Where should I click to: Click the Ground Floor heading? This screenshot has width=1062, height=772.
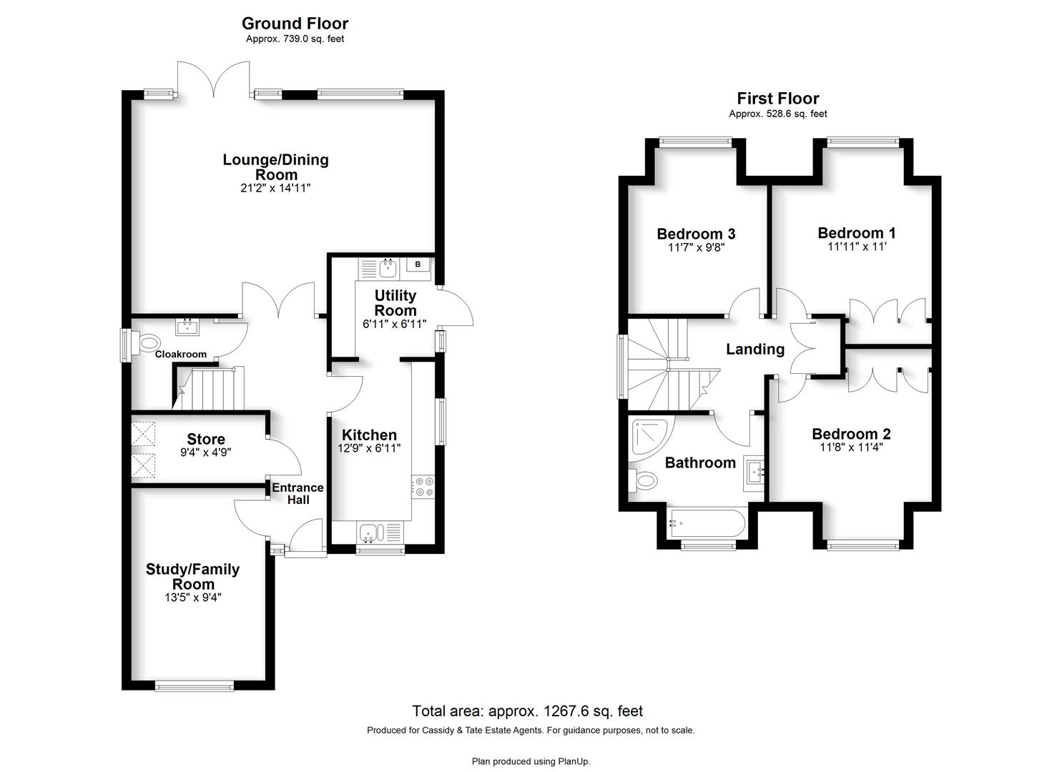(x=295, y=23)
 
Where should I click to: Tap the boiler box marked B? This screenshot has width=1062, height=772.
(x=418, y=264)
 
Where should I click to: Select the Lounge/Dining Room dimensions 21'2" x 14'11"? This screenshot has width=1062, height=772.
(x=275, y=188)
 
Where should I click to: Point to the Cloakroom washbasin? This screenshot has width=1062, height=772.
(x=188, y=327)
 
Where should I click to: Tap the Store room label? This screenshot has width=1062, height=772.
(x=206, y=439)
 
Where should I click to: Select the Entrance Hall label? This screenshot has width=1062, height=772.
(x=298, y=494)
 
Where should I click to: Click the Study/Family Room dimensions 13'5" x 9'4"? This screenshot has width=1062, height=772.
(x=193, y=598)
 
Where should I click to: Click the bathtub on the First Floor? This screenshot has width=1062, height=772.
(x=705, y=523)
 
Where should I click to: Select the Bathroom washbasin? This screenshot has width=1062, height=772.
(x=753, y=472)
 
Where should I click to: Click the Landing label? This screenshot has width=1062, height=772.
(x=755, y=350)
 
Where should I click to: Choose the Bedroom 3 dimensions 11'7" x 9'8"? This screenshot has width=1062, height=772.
(x=696, y=247)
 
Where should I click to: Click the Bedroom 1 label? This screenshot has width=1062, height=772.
(x=857, y=233)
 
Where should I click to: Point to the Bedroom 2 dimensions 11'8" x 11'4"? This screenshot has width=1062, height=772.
(x=852, y=447)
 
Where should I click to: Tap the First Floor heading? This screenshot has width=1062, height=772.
(x=778, y=98)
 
